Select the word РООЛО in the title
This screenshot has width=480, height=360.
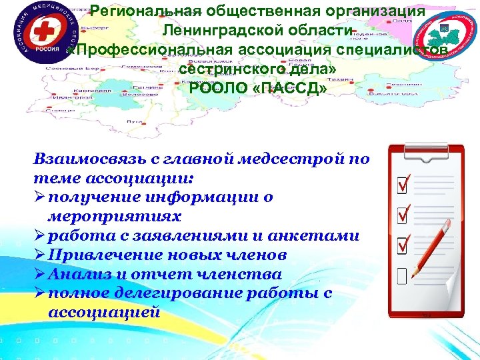click(214, 89)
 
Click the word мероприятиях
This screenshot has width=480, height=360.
click(106, 217)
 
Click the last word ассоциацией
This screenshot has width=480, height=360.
click(104, 312)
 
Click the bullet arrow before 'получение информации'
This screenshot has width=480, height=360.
click(39, 198)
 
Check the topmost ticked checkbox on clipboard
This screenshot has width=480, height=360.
click(403, 183)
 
